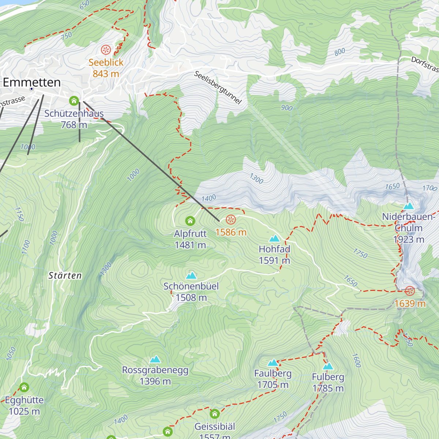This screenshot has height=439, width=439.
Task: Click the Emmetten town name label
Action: click(x=32, y=82)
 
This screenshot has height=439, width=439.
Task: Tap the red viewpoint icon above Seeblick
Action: click(x=106, y=49)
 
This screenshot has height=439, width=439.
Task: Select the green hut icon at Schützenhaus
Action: click(x=74, y=101)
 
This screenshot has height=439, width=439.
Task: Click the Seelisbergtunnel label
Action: click(x=218, y=87)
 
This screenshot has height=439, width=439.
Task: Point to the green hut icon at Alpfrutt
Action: click(x=190, y=221)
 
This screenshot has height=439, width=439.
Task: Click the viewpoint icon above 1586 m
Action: click(x=230, y=219)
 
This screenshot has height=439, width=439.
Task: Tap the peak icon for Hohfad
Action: click(x=274, y=239)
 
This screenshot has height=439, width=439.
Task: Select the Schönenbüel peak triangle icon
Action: click(x=191, y=275)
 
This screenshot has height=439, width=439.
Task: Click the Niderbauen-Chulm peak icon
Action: click(x=408, y=206)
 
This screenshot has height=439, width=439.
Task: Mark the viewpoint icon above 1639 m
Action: click(x=410, y=291)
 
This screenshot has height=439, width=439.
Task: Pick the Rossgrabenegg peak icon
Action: click(x=155, y=359)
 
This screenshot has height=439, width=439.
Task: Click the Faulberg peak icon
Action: click(x=273, y=363)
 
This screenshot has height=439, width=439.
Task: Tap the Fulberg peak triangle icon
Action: click(x=328, y=366)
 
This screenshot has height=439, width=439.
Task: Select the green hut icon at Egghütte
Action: click(x=24, y=387)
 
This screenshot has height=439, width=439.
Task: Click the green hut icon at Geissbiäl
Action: click(x=215, y=414)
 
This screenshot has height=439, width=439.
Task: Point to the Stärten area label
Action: click(x=65, y=275)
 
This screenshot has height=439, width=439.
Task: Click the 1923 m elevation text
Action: click(x=409, y=240)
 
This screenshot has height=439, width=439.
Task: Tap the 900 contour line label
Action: click(x=287, y=108)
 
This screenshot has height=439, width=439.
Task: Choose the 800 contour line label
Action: click(x=339, y=52)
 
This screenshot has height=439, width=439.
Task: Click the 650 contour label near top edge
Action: click(x=84, y=5)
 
